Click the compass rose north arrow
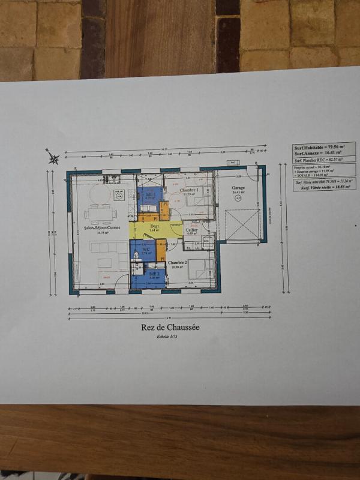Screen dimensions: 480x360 click(x=53, y=158)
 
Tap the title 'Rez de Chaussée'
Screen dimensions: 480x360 click(x=170, y=328)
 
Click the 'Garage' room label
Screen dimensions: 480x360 click(x=238, y=188)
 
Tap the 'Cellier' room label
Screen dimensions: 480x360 click(x=191, y=230)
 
